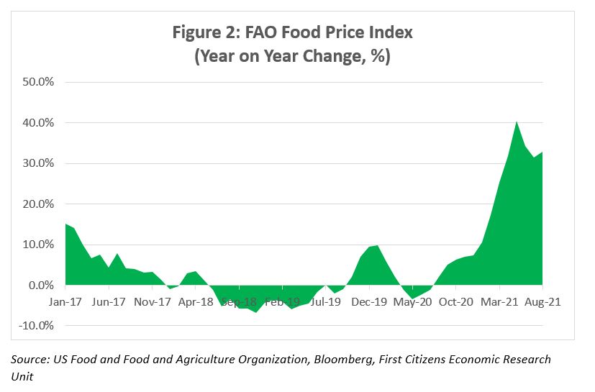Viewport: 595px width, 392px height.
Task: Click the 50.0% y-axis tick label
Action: pyautogui.click(x=40, y=82)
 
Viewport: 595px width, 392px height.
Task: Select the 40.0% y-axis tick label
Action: pyautogui.click(x=40, y=123)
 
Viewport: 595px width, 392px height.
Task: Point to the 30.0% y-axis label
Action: pyautogui.click(x=40, y=163)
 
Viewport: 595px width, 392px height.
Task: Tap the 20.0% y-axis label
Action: pyautogui.click(x=40, y=204)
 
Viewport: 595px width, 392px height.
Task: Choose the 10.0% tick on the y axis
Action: pyautogui.click(x=40, y=245)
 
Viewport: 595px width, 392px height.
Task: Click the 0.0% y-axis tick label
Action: pyautogui.click(x=43, y=286)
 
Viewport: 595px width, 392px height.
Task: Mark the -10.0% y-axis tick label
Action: pyautogui.click(x=39, y=326)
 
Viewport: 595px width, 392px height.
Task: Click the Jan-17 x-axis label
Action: pyautogui.click(x=65, y=303)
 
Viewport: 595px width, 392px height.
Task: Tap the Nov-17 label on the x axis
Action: pyautogui.click(x=153, y=303)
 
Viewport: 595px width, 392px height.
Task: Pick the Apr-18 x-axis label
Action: pyautogui.click(x=196, y=303)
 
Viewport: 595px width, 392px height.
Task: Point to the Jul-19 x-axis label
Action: pyautogui.click(x=326, y=303)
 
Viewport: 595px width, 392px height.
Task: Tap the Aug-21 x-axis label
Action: pyautogui.click(x=543, y=303)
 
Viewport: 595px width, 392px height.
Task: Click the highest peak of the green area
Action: pyautogui.click(x=517, y=123)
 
